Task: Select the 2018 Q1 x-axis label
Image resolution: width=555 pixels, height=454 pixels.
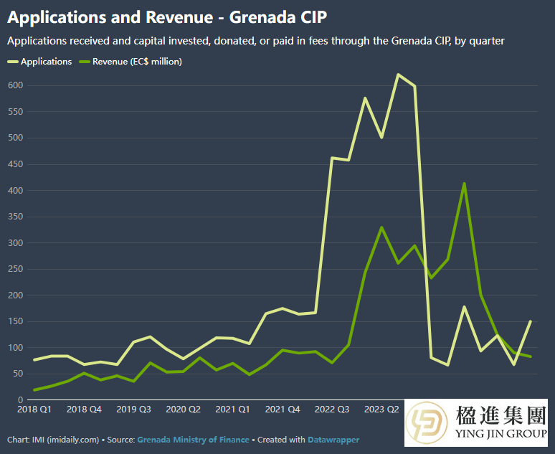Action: (34, 410)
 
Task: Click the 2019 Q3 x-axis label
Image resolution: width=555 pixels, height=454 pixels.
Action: (133, 410)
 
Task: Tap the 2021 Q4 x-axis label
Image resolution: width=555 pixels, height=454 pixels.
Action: (283, 410)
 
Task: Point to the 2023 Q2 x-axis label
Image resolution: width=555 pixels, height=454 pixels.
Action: (381, 410)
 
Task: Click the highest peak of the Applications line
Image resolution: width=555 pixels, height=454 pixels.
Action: (398, 75)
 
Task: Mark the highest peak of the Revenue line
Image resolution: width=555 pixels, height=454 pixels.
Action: (465, 184)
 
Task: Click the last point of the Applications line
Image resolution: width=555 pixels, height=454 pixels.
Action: (531, 321)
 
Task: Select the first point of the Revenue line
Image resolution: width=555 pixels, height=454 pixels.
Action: (34, 389)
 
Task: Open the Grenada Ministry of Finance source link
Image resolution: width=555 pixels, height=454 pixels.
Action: (193, 439)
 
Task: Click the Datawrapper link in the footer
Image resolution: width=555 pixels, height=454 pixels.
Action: (333, 439)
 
